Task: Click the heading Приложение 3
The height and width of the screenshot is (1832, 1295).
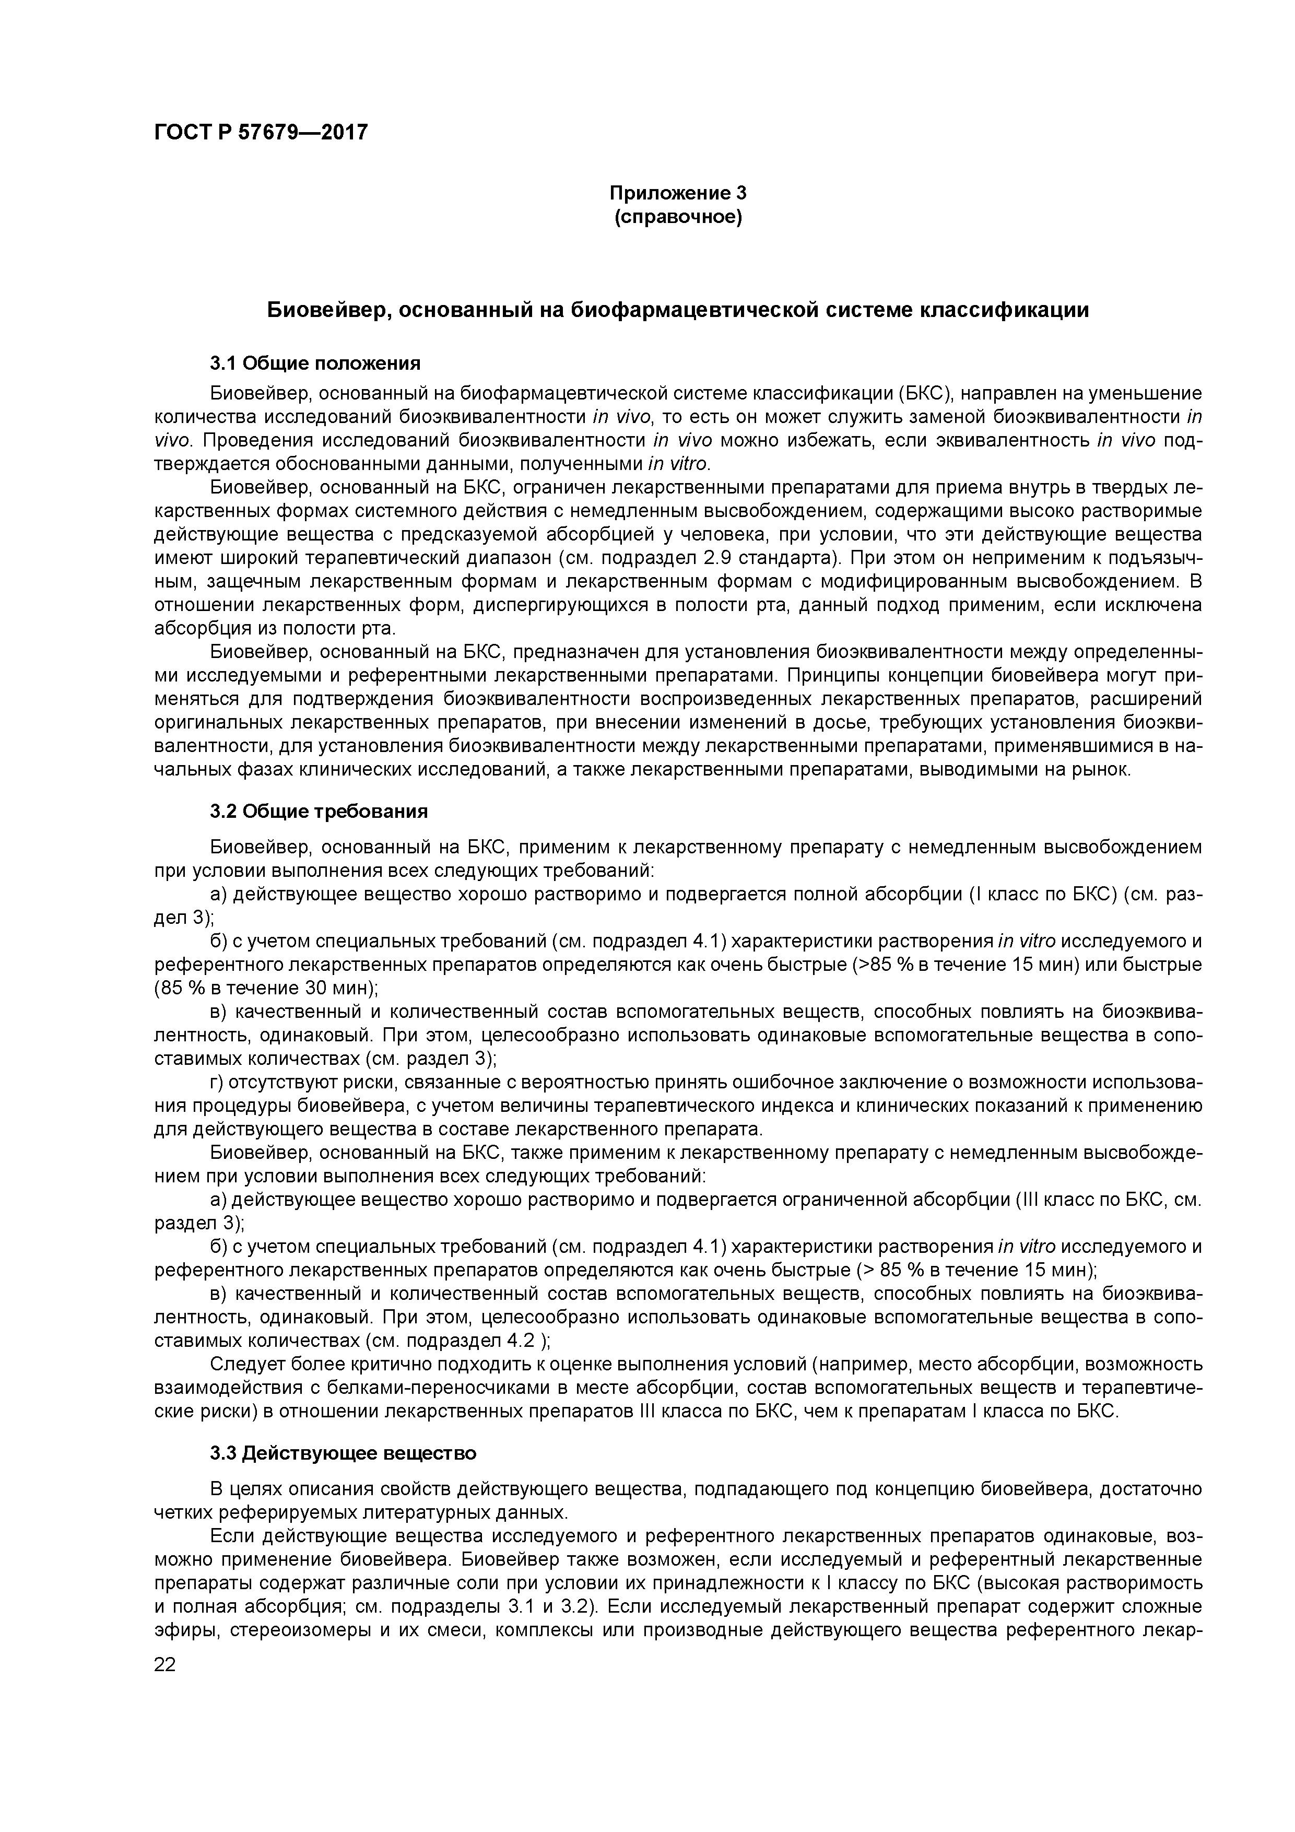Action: click(677, 193)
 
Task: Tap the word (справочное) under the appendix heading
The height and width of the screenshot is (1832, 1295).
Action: click(677, 218)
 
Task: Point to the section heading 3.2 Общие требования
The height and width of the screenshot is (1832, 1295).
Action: click(319, 812)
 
